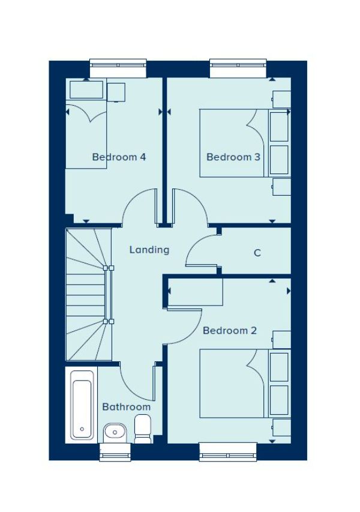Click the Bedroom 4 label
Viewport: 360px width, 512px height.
pos(119,157)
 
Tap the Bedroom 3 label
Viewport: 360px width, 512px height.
pos(233,157)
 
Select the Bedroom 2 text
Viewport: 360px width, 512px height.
pos(230,331)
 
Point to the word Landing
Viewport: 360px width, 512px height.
pos(149,250)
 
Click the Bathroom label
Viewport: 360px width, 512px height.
pos(127,407)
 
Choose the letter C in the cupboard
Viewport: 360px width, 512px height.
pos(257,253)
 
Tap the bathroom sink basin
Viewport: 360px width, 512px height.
pos(115,433)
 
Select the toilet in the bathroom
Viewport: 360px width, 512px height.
pos(143,429)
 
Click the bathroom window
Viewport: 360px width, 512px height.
pos(115,452)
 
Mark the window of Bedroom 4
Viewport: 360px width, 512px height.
pos(118,68)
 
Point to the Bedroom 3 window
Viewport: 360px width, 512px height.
pos(238,68)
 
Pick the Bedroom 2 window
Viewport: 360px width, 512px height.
pos(228,451)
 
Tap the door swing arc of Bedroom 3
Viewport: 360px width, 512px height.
pos(200,199)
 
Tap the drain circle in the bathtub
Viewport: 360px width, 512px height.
pos(82,429)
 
